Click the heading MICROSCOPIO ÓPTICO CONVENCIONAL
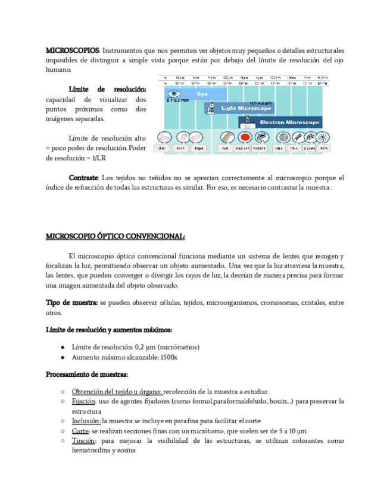pyautogui.click(x=116, y=237)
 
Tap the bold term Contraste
pyautogui.click(x=83, y=178)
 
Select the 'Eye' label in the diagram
pyautogui.click(x=202, y=94)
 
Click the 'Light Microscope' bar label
pyautogui.click(x=246, y=109)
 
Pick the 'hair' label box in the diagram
pyautogui.click(x=226, y=148)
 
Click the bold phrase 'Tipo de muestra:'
pyautogui.click(x=72, y=303)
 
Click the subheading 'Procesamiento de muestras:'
pyautogui.click(x=87, y=375)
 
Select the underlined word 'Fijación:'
pyautogui.click(x=84, y=401)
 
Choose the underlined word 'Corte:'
pyautogui.click(x=80, y=431)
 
